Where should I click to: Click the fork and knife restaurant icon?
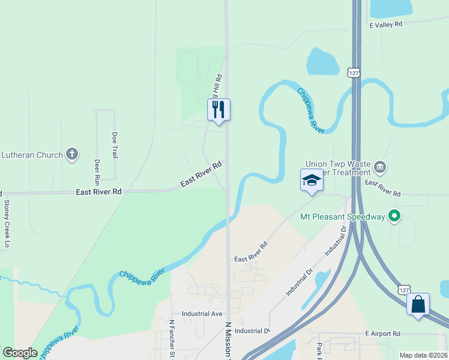218,110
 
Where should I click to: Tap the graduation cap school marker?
312,181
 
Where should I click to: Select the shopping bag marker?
418,304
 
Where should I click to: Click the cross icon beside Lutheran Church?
71,154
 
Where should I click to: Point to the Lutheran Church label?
31,155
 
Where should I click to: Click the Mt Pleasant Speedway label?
342,216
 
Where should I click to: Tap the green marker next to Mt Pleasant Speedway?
394,215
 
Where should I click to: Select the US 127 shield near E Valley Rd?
354,73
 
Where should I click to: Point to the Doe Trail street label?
114,145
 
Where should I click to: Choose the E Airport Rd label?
382,334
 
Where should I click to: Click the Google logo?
19,353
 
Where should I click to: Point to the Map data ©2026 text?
423,355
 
